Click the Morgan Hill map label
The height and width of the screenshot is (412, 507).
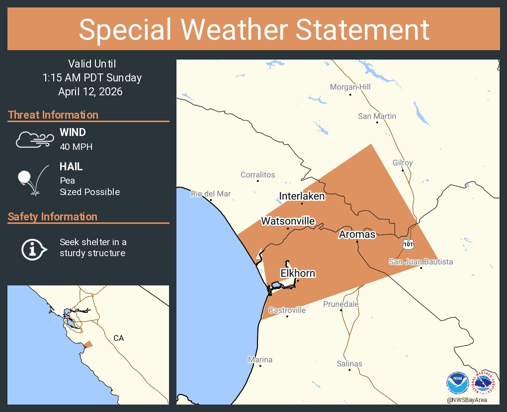click(350, 87)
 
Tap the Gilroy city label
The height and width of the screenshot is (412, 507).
click(402, 163)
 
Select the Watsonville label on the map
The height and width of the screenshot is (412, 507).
click(288, 220)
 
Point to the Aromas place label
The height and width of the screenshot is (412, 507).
click(357, 234)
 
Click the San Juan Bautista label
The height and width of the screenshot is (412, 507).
click(421, 262)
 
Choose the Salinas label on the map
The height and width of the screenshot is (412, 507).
click(349, 364)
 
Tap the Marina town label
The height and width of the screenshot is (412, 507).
click(260, 359)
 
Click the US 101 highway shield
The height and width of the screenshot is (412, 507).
click(407, 244)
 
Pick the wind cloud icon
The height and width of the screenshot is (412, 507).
click(34, 139)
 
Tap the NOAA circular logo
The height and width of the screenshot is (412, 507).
click(457, 384)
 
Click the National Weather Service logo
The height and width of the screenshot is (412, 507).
click(483, 384)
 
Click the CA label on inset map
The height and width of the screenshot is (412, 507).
click(118, 338)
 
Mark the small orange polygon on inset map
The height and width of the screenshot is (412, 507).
click(88, 344)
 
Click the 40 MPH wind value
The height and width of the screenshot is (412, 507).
click(76, 147)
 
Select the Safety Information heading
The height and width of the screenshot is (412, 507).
click(52, 217)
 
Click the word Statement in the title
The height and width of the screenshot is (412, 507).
click(363, 29)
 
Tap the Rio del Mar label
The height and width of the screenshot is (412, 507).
click(211, 194)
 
